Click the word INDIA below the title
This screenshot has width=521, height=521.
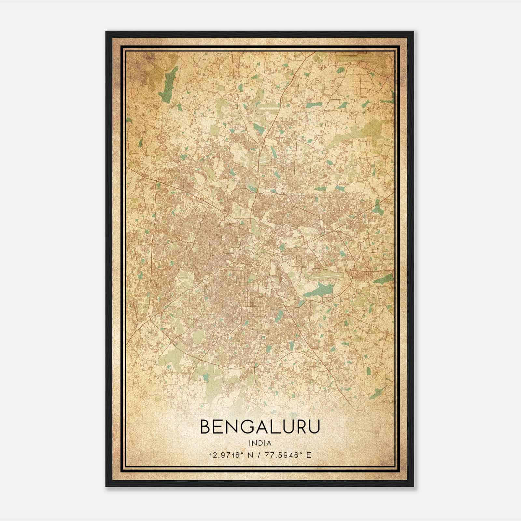point(260,443)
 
